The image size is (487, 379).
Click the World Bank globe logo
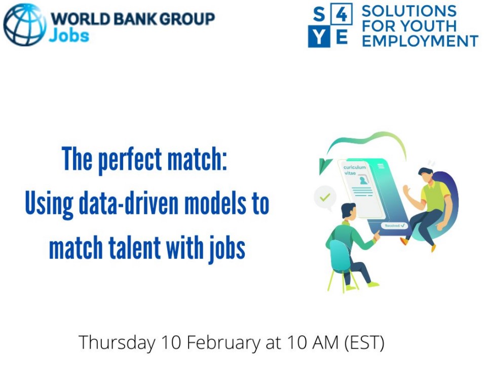pyautogui.click(x=24, y=25)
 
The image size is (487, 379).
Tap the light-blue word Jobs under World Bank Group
pyautogui.click(x=69, y=35)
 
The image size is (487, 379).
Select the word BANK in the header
pyautogui.click(x=135, y=19)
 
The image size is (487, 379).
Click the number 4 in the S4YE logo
pyautogui.click(x=342, y=14)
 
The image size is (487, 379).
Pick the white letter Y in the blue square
pyautogui.click(x=319, y=37)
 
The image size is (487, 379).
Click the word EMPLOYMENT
pyautogui.click(x=420, y=41)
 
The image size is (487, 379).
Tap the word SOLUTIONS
pyautogui.click(x=409, y=11)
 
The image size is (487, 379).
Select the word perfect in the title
pyautogui.click(x=130, y=160)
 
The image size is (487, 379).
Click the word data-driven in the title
pyautogui.click(x=129, y=204)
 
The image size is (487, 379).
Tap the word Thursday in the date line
pyautogui.click(x=117, y=343)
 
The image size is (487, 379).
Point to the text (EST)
pyautogui.click(x=365, y=343)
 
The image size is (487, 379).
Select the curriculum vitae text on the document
pyautogui.click(x=354, y=170)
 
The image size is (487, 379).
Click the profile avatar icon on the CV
pyautogui.click(x=363, y=180)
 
